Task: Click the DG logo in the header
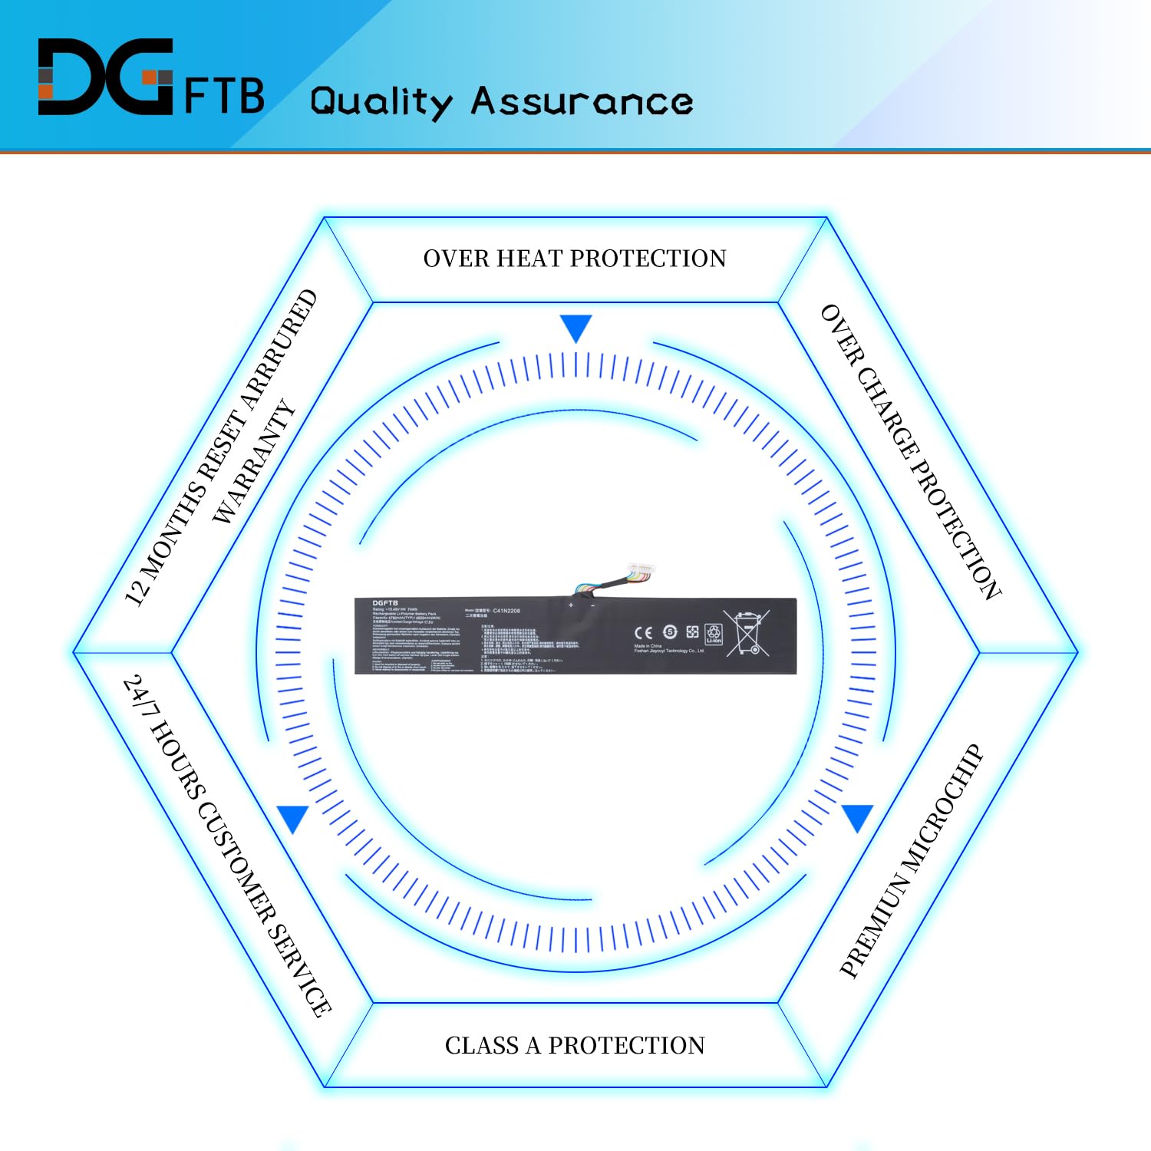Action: pos(105,77)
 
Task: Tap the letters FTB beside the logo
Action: pos(224,95)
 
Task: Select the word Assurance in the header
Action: pos(582,101)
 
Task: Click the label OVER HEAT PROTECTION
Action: pos(575,259)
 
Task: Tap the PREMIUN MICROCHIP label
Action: pos(911,860)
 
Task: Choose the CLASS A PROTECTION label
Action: pos(575,1045)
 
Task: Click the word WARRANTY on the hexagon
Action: pos(253,462)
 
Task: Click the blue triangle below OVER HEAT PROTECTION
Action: pos(575,328)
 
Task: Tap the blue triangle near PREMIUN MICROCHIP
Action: pos(857,818)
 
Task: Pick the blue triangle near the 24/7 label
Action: pos(293,819)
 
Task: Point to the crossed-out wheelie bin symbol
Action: pos(747,633)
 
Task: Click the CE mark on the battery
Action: pos(643,632)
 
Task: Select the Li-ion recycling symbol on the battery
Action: pos(714,634)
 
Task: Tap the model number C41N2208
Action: pos(506,611)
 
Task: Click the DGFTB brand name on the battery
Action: pos(385,603)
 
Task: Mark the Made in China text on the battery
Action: pos(648,646)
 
